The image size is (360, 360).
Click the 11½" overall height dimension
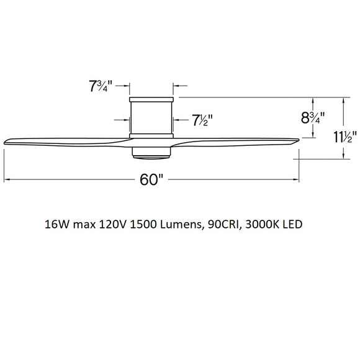click(x=343, y=137)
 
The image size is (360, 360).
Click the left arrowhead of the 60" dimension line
click(x=7, y=180)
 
